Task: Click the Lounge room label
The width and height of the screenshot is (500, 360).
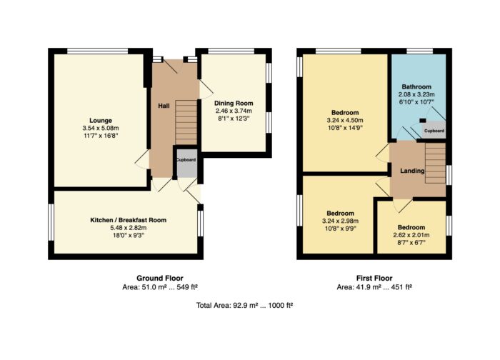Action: pyautogui.click(x=101, y=121)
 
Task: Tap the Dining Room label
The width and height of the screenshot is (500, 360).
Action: pyautogui.click(x=234, y=104)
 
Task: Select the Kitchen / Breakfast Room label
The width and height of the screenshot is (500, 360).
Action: pyautogui.click(x=128, y=220)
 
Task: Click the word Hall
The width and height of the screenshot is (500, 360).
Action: pyautogui.click(x=164, y=106)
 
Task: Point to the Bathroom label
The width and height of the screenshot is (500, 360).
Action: pyautogui.click(x=416, y=86)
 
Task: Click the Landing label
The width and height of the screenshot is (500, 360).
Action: pyautogui.click(x=412, y=171)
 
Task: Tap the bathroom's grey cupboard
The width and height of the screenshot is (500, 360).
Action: pyautogui.click(x=434, y=130)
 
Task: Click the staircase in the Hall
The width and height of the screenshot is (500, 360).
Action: pyautogui.click(x=186, y=122)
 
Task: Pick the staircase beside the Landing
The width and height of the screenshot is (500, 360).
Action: pyautogui.click(x=435, y=163)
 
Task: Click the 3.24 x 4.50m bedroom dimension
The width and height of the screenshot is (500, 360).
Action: pyautogui.click(x=345, y=121)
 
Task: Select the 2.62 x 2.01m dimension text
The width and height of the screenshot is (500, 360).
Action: pyautogui.click(x=411, y=235)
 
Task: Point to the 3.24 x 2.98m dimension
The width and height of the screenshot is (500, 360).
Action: pyautogui.click(x=340, y=221)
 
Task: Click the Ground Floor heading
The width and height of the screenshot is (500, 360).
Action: pyautogui.click(x=160, y=278)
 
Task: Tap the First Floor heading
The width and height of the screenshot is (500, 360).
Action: pyautogui.click(x=374, y=278)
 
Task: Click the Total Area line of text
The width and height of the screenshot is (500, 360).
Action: pyautogui.click(x=244, y=306)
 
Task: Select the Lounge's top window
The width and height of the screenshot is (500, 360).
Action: pyautogui.click(x=98, y=51)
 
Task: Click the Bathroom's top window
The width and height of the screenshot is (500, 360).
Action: pyautogui.click(x=420, y=51)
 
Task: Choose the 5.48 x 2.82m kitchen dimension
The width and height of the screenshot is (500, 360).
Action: pyautogui.click(x=128, y=228)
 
